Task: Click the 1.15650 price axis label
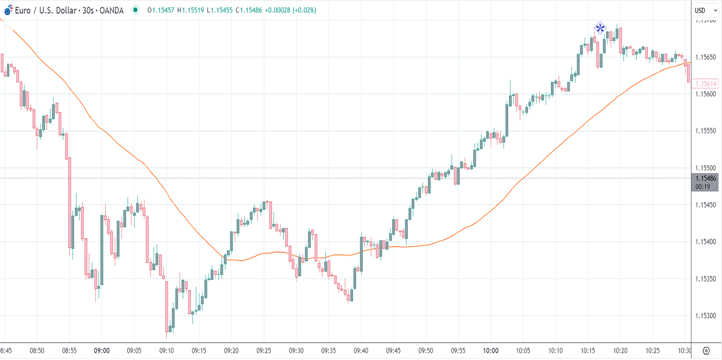click(705, 57)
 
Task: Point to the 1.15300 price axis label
click(705, 316)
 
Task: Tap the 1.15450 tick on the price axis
click(705, 205)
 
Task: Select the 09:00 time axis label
click(102, 351)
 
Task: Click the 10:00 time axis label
click(491, 351)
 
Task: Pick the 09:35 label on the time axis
click(328, 351)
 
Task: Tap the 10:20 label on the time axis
click(620, 351)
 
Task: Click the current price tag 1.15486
click(705, 178)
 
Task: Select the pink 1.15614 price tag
click(705, 84)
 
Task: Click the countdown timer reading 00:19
click(703, 187)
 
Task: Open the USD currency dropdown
click(705, 10)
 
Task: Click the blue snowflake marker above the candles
click(600, 28)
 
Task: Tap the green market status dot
click(135, 10)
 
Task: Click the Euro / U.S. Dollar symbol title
click(69, 10)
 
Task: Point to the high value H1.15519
click(191, 10)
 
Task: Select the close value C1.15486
click(249, 10)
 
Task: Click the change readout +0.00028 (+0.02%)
click(290, 10)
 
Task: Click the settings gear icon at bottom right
click(706, 351)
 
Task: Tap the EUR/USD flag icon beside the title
click(8, 10)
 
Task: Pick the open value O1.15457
click(161, 10)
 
